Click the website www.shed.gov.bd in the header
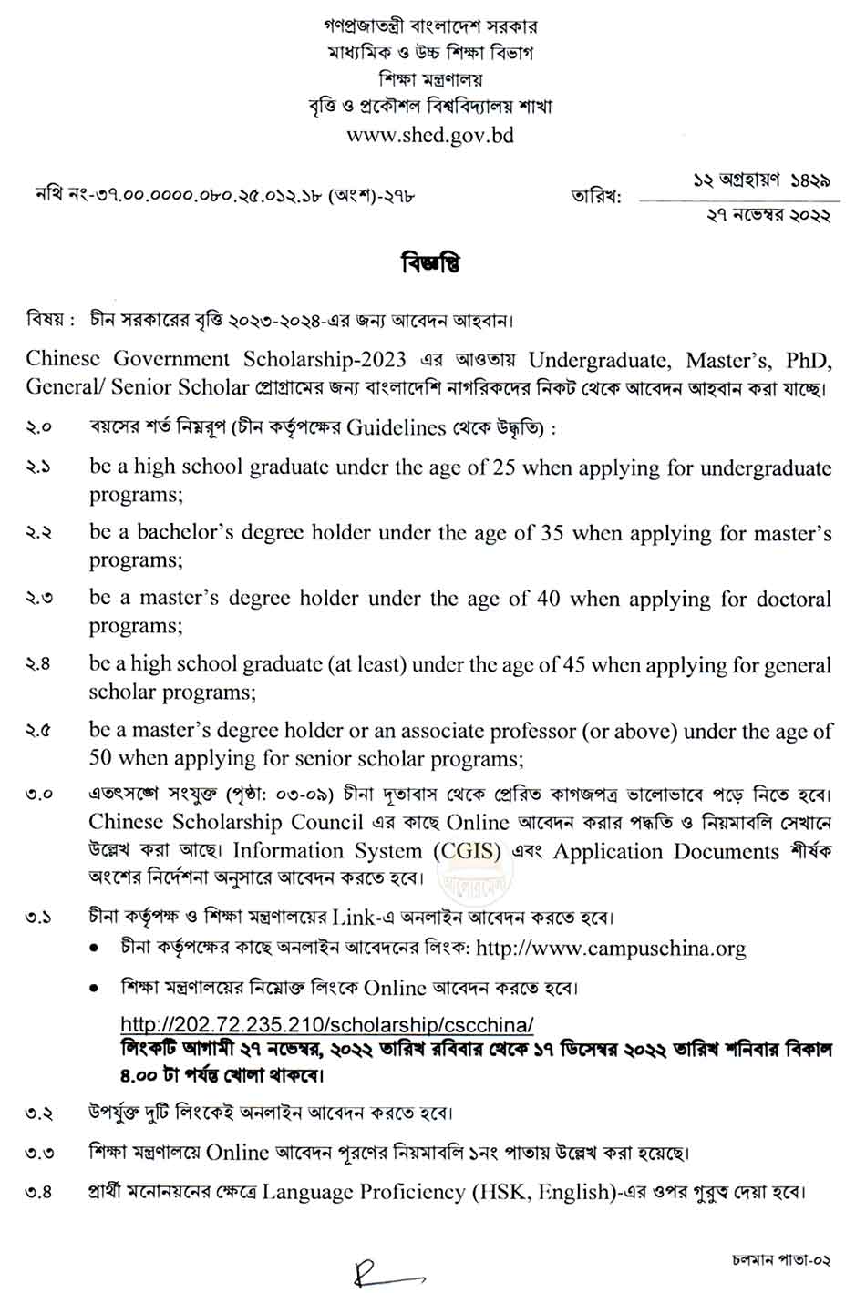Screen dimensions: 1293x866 pyautogui.click(x=431, y=135)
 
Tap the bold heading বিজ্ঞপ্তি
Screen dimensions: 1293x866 pyautogui.click(x=430, y=264)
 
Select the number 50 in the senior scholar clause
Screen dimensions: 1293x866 pyautogui.click(x=101, y=758)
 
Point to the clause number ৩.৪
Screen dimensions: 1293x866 pyautogui.click(x=39, y=1192)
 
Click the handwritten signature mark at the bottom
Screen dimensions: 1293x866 pyautogui.click(x=383, y=1271)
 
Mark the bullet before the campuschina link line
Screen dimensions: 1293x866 pyautogui.click(x=95, y=949)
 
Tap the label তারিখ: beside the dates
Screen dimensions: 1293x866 pyautogui.click(x=595, y=196)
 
